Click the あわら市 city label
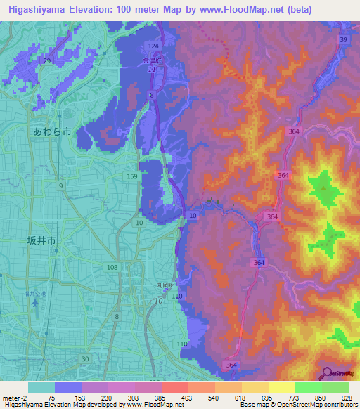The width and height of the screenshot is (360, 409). click(x=52, y=131)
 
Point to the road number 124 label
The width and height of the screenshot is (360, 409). click(x=154, y=46)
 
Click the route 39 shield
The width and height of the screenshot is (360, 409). click(x=343, y=40)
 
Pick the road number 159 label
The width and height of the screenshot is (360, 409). click(x=132, y=176)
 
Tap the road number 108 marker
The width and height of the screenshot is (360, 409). click(x=112, y=268)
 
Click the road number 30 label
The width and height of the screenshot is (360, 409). click(x=84, y=358)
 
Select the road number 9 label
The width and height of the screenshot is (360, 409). click(x=61, y=186)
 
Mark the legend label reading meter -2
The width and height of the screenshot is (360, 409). click(x=14, y=397)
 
